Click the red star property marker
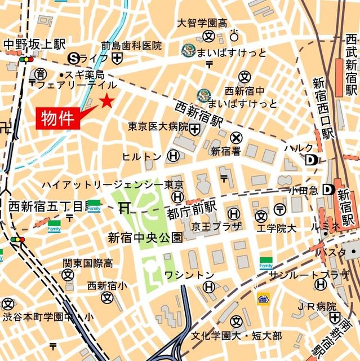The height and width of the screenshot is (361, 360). [106, 102]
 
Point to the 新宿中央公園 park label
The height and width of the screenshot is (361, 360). [145, 237]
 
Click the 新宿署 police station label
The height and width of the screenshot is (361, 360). [226, 151]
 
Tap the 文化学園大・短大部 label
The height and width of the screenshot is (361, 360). [236, 336]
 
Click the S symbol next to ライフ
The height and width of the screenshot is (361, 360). [73, 58]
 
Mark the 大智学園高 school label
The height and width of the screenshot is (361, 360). [202, 23]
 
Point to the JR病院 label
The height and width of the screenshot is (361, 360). [317, 306]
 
